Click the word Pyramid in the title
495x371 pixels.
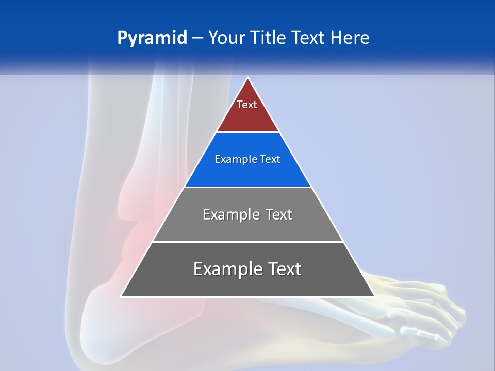point(152,38)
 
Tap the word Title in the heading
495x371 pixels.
point(269,38)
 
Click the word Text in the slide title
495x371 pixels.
point(309,38)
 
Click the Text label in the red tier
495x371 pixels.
point(247,105)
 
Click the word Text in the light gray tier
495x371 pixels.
point(279,214)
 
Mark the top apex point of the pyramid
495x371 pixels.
point(247,78)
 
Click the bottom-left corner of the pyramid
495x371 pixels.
point(121,296)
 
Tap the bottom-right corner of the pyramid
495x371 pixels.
point(374,296)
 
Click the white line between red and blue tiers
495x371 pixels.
point(247,132)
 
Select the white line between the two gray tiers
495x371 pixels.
point(247,242)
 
